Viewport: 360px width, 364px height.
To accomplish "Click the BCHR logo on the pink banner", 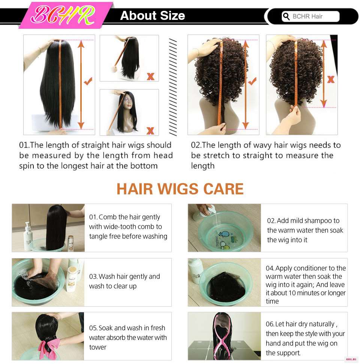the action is [63, 15].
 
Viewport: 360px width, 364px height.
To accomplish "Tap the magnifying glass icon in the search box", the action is [286, 16].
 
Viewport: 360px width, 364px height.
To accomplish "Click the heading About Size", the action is [153, 16].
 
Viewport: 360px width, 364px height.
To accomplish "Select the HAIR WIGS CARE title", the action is [180, 188].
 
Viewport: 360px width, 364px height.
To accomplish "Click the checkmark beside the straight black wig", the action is [88, 81].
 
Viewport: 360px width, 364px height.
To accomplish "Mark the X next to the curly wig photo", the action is [331, 79].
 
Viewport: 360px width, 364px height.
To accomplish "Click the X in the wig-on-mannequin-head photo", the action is [150, 131].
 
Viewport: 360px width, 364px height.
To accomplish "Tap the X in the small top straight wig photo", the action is [151, 76].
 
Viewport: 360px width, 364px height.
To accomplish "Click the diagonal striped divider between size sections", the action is [173, 87].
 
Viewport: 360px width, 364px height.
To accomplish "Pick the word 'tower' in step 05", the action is [97, 347].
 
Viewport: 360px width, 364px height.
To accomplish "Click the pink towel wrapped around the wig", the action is [49, 347].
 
